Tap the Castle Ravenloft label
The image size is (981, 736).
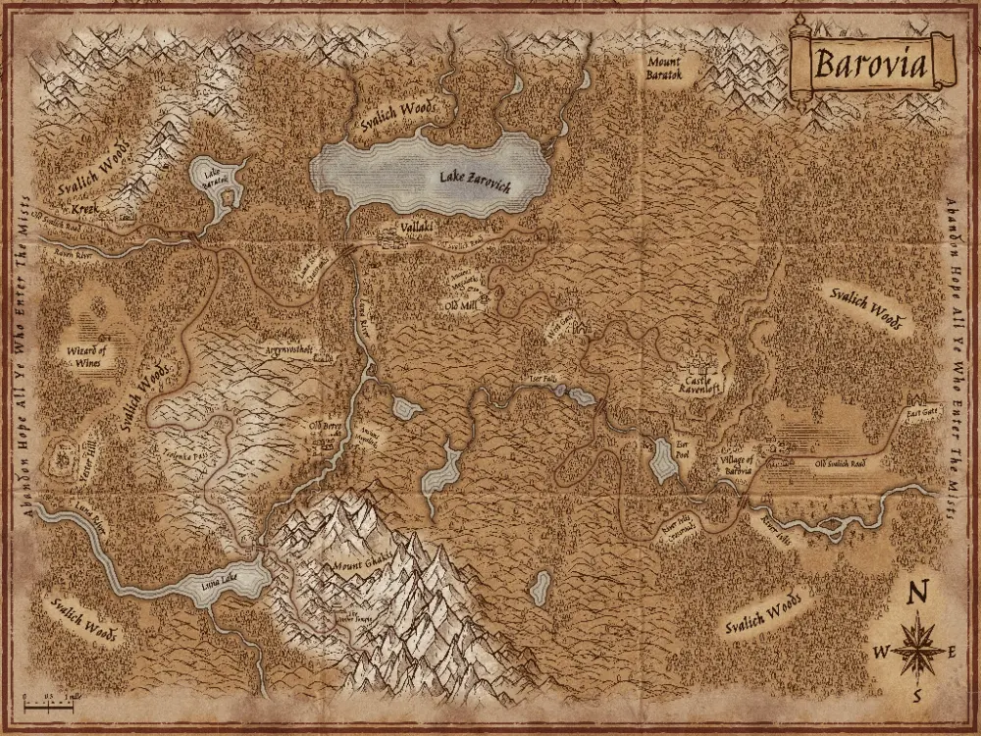pyautogui.click(x=702, y=383)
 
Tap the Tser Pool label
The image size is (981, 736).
pyautogui.click(x=683, y=447)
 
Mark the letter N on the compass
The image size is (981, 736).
pyautogui.click(x=918, y=594)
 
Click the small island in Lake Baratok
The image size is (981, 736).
pyautogui.click(x=229, y=197)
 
